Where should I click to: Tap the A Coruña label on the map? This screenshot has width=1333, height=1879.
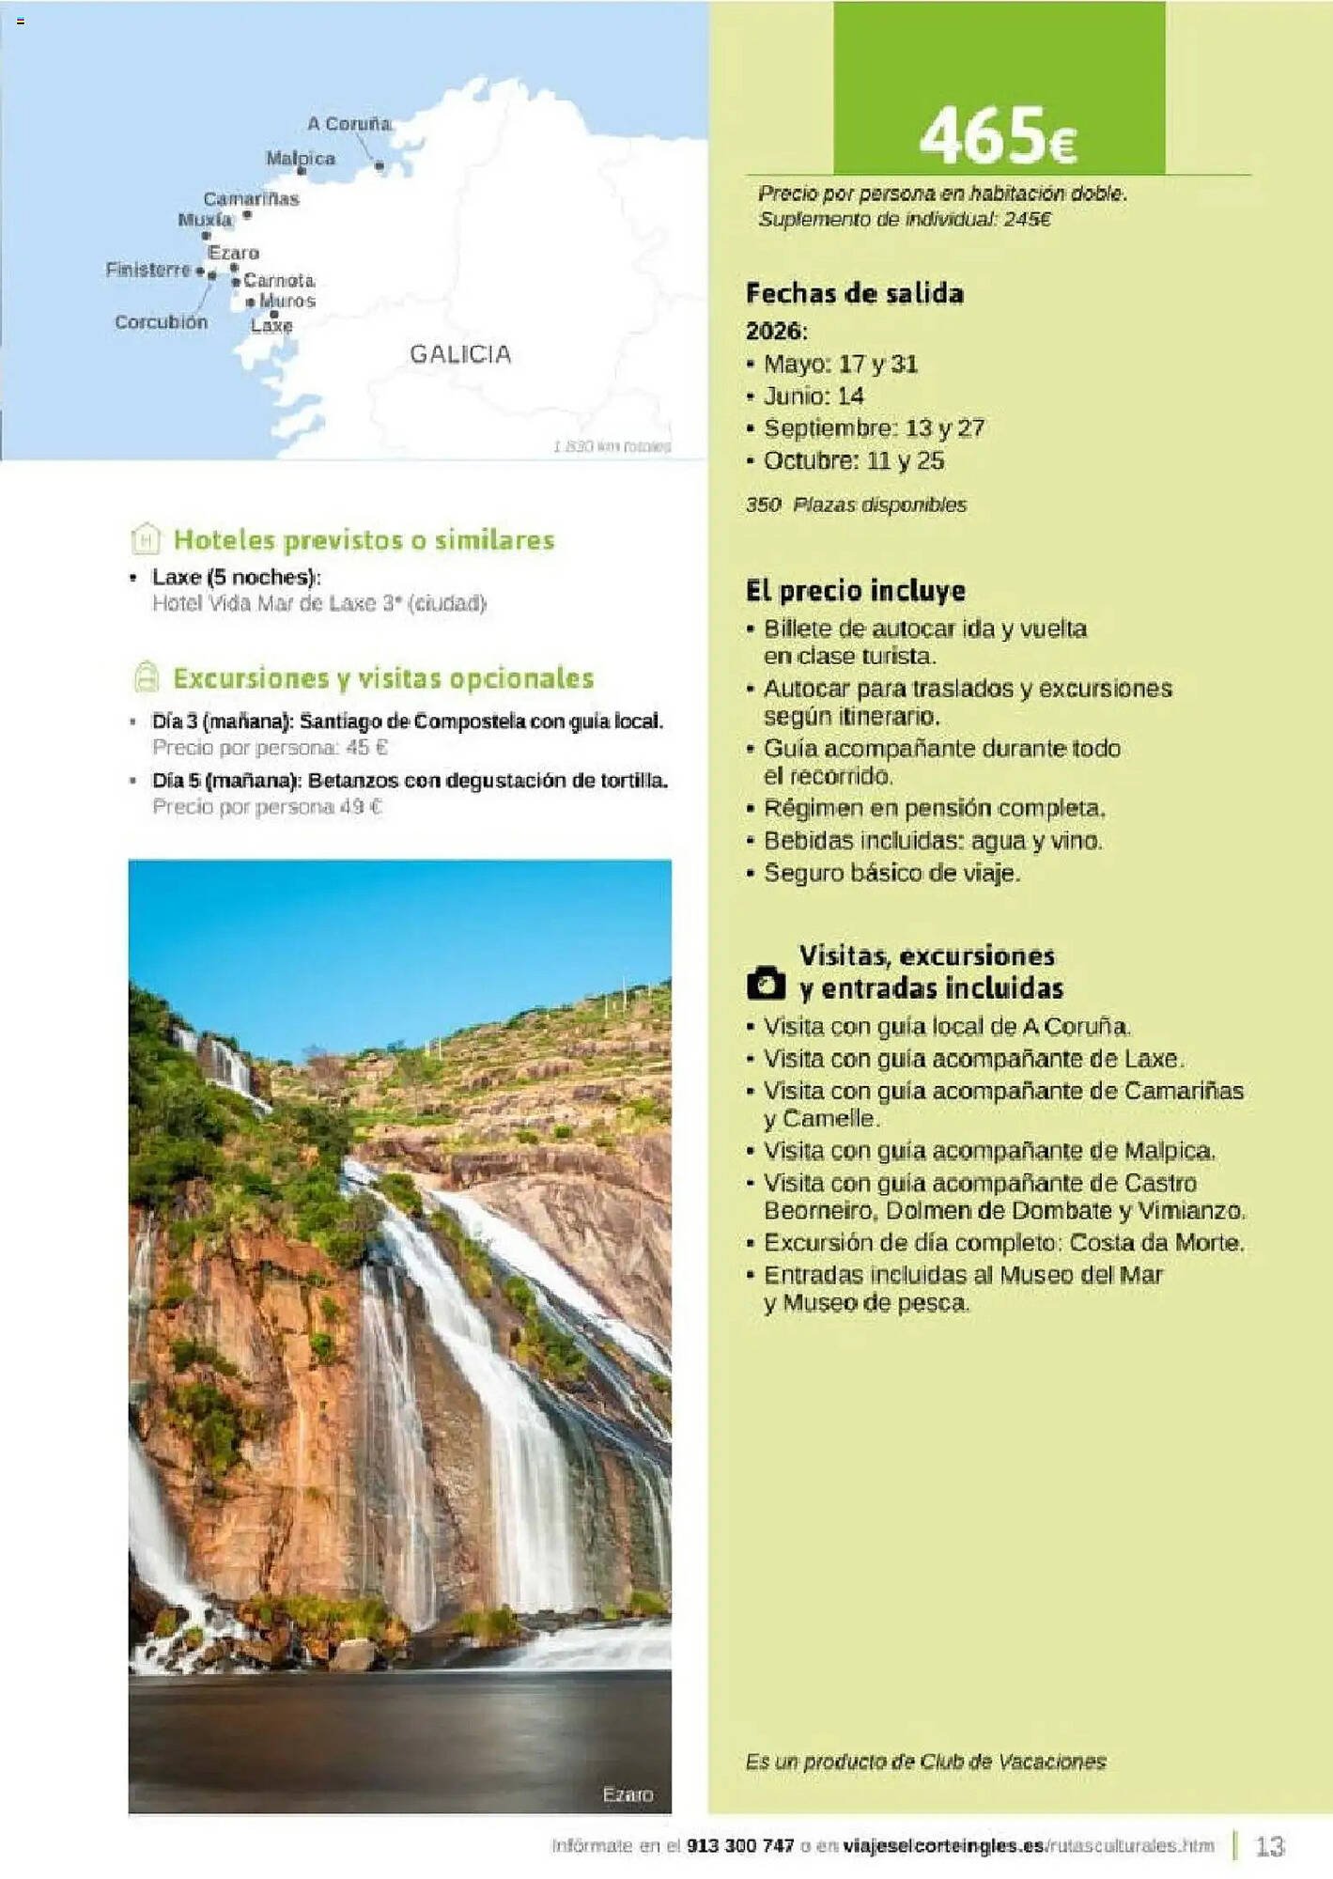coord(349,124)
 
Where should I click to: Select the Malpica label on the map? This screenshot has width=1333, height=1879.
coord(301,158)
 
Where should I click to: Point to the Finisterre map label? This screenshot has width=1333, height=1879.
coord(147,270)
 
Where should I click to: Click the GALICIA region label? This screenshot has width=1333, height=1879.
coord(460,354)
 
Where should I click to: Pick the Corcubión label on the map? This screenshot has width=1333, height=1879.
coord(161,322)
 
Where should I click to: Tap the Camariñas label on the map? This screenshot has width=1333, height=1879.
coord(251,199)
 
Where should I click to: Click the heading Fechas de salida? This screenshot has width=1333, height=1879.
coord(854,294)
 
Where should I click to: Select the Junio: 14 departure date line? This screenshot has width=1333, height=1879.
coord(813,396)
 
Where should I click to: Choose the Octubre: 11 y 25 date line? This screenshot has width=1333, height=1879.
coord(853,461)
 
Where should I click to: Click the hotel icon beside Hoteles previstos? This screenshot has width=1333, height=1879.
coord(147,539)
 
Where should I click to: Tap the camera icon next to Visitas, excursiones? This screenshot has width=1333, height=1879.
coord(766,983)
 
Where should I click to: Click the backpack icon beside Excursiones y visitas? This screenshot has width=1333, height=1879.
coord(147,677)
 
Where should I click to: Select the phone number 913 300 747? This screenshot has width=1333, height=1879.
coord(740,1846)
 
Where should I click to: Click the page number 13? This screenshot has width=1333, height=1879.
coord(1269,1846)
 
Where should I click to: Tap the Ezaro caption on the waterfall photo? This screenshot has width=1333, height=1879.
coord(628,1794)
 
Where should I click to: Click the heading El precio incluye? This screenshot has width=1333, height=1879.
coord(855,591)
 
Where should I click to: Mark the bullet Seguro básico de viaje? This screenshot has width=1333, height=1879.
coord(891,874)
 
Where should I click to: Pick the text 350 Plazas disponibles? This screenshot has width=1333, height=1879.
coord(856,505)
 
